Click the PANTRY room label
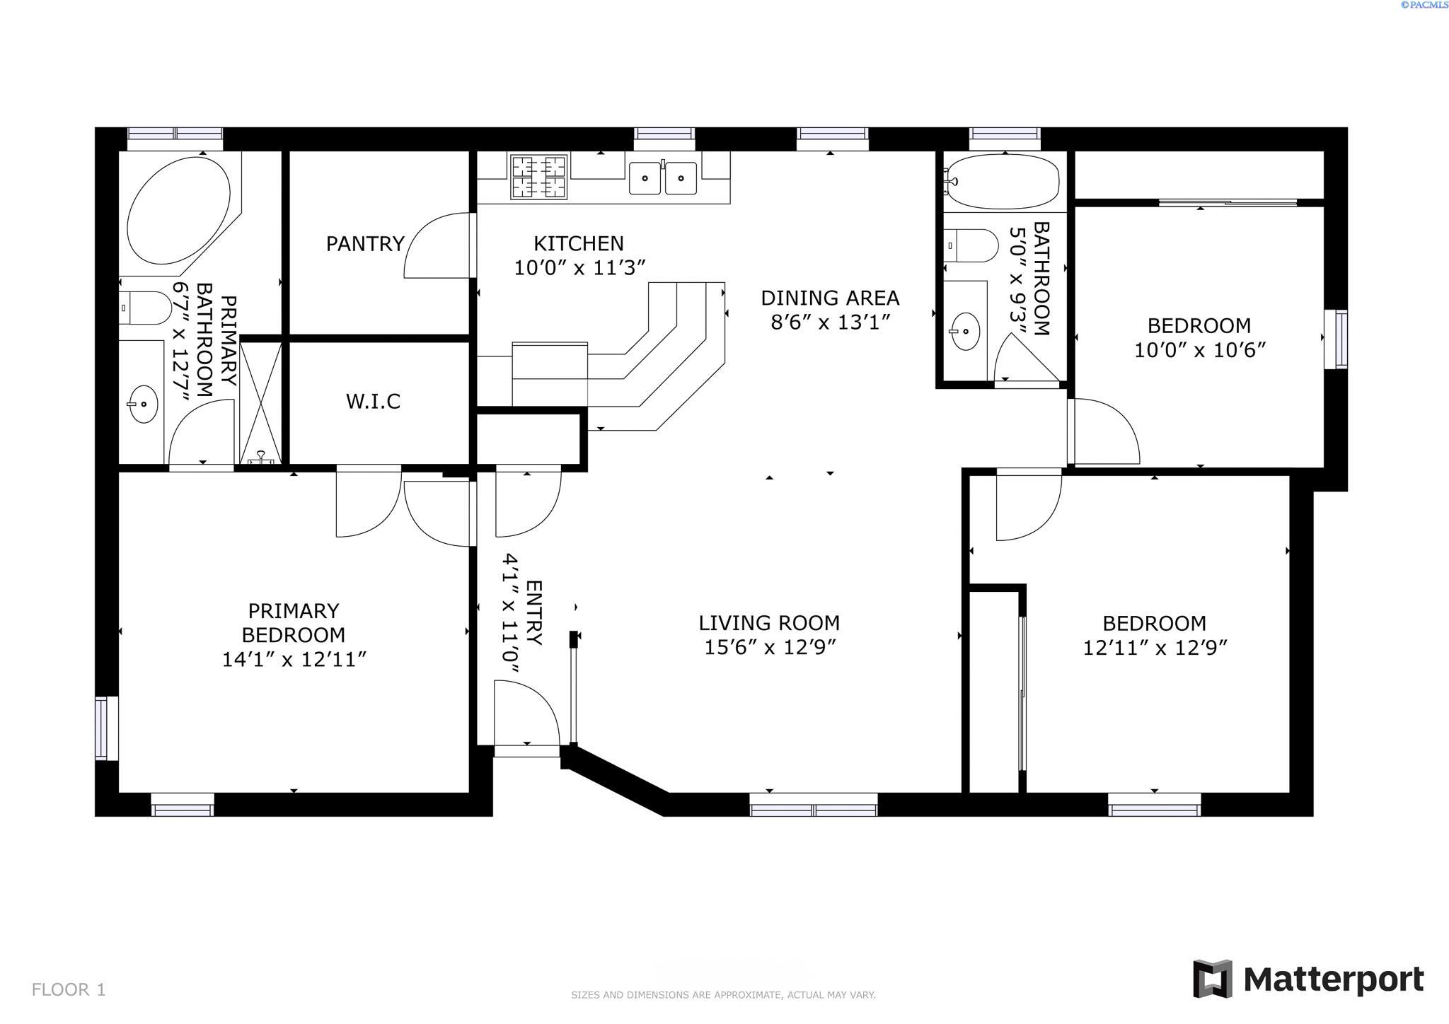365,244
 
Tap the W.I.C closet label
373,402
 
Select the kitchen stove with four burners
538,177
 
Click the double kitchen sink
663,178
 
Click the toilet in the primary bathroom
145,308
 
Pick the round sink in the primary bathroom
144,404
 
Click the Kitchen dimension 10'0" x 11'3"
579,268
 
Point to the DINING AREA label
830,298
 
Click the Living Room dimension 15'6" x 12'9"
770,647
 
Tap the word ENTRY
534,612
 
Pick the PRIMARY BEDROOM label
293,622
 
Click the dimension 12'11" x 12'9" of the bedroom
1154,648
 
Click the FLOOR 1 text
69,989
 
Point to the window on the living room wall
813,805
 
